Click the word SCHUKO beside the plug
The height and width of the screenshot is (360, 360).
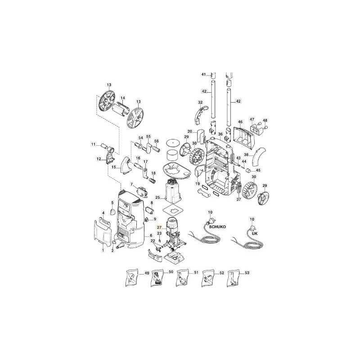point(217,227)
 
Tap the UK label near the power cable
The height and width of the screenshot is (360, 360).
point(255,233)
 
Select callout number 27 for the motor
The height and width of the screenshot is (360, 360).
point(159,227)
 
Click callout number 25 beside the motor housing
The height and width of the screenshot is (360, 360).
point(157,198)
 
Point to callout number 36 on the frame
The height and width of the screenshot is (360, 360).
point(220,134)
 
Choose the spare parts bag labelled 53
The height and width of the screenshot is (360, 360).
point(233,278)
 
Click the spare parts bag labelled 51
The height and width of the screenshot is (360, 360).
point(183,278)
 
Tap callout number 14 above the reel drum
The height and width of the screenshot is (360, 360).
point(123,98)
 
